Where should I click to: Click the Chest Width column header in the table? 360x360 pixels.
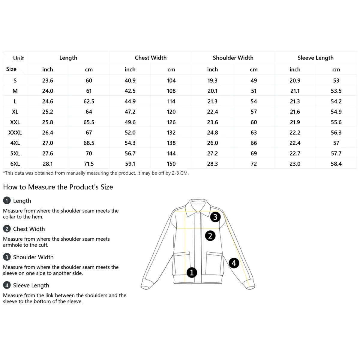[x=151, y=58]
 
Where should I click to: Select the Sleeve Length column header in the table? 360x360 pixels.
[x=315, y=58]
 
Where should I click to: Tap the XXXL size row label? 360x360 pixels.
[x=15, y=133]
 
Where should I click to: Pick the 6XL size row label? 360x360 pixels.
[x=15, y=164]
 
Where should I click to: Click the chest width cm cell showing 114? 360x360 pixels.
[x=171, y=101]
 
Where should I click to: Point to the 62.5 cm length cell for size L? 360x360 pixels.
[x=89, y=101]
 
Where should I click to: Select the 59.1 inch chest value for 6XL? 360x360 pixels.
[x=130, y=164]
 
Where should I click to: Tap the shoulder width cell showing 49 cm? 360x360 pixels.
[x=254, y=80]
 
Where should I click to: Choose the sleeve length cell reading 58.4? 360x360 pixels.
[x=336, y=164]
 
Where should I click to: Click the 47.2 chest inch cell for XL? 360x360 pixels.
[x=130, y=112]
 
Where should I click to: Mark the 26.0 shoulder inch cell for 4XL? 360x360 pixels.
[x=212, y=143]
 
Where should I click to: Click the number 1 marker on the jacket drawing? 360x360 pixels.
[x=192, y=272]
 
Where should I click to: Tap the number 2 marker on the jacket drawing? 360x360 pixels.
[x=210, y=236]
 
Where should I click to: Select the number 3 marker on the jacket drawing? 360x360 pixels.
[x=215, y=217]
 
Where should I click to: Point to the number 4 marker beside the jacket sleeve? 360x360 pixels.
[x=234, y=263]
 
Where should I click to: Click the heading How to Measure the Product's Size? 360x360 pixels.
[x=58, y=187]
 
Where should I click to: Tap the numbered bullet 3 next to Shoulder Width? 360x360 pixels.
[x=7, y=257]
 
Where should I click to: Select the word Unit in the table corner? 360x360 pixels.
[x=19, y=58]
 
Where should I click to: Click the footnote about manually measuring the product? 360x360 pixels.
[x=96, y=173]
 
